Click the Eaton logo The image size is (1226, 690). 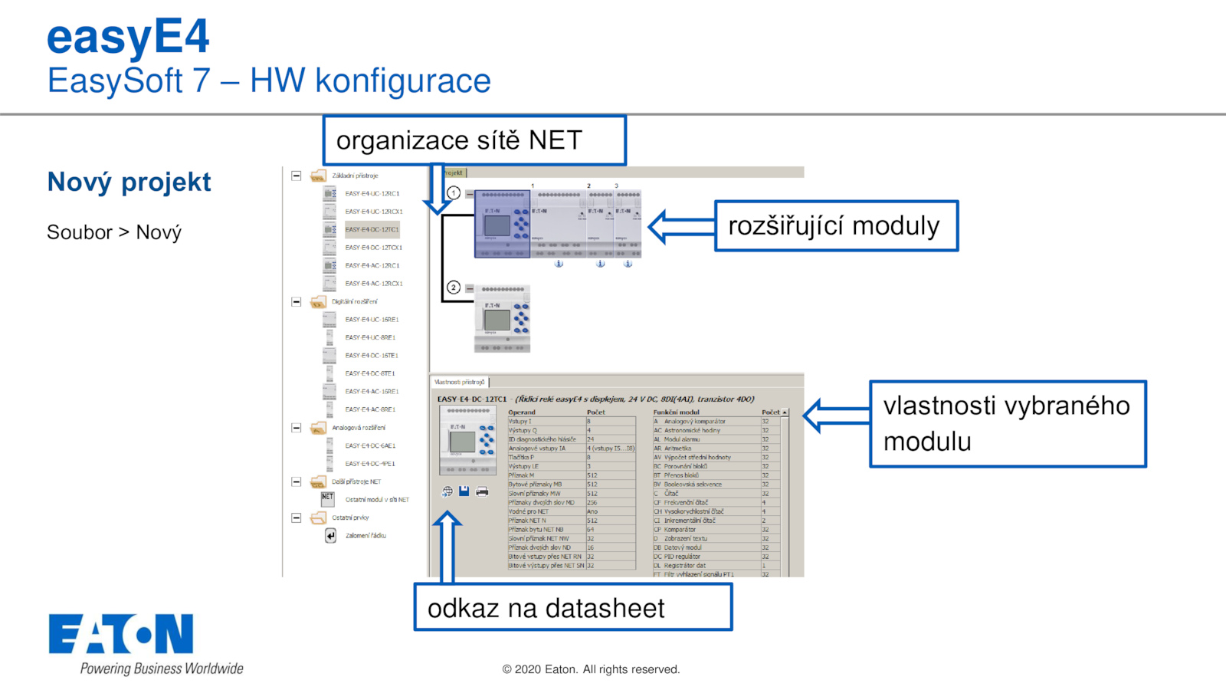[x=121, y=634]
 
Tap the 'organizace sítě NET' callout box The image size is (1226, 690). [x=474, y=141]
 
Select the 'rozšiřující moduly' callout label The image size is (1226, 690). [x=836, y=226]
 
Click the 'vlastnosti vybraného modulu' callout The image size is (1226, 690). [x=1008, y=424]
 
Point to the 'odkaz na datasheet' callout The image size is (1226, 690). [x=572, y=608]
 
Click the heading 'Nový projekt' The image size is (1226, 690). [x=129, y=182]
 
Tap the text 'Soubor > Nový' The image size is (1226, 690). [x=114, y=232]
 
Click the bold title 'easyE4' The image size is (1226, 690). [x=128, y=36]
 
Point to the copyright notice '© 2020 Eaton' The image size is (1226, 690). [x=591, y=669]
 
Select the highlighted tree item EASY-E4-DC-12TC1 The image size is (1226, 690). [x=372, y=229]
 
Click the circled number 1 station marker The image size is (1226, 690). [x=454, y=193]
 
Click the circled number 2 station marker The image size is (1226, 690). [x=454, y=287]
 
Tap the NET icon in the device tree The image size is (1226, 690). [x=328, y=498]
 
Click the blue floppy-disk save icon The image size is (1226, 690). [x=464, y=491]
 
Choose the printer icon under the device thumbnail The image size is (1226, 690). [x=482, y=491]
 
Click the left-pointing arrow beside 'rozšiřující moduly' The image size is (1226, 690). [x=680, y=226]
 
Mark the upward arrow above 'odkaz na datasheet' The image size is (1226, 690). [x=447, y=546]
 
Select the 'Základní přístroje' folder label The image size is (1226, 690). [x=355, y=176]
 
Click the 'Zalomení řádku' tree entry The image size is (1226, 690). [x=366, y=536]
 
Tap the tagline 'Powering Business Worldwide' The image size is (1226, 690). [x=162, y=669]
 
